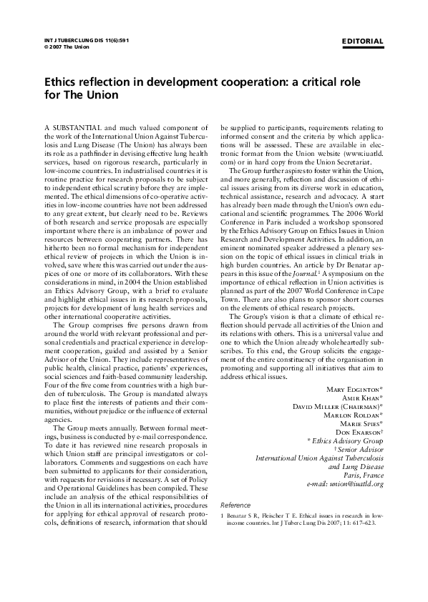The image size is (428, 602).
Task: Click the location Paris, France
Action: tap(363, 474)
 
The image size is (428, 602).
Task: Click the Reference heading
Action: tap(235, 504)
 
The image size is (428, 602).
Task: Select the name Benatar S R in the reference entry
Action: tap(245, 515)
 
